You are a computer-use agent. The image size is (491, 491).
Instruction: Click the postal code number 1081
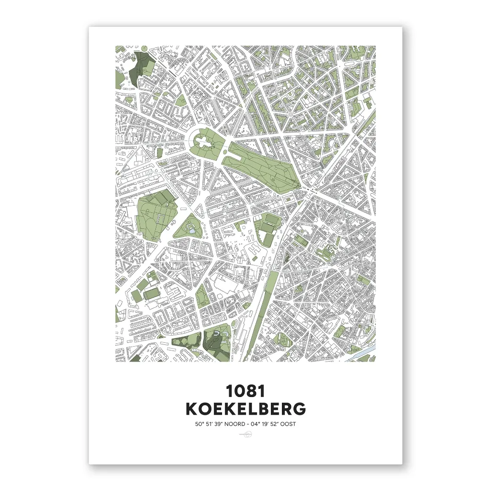245,391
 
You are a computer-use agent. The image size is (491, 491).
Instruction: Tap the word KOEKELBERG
245,409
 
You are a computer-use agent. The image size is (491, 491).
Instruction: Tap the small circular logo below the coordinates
245,434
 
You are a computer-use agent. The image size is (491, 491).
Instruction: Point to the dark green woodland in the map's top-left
139,67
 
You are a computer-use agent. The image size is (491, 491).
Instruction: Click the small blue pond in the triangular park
192,230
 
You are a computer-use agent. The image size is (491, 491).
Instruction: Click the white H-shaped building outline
253,249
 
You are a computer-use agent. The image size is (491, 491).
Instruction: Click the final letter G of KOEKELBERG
299,409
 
